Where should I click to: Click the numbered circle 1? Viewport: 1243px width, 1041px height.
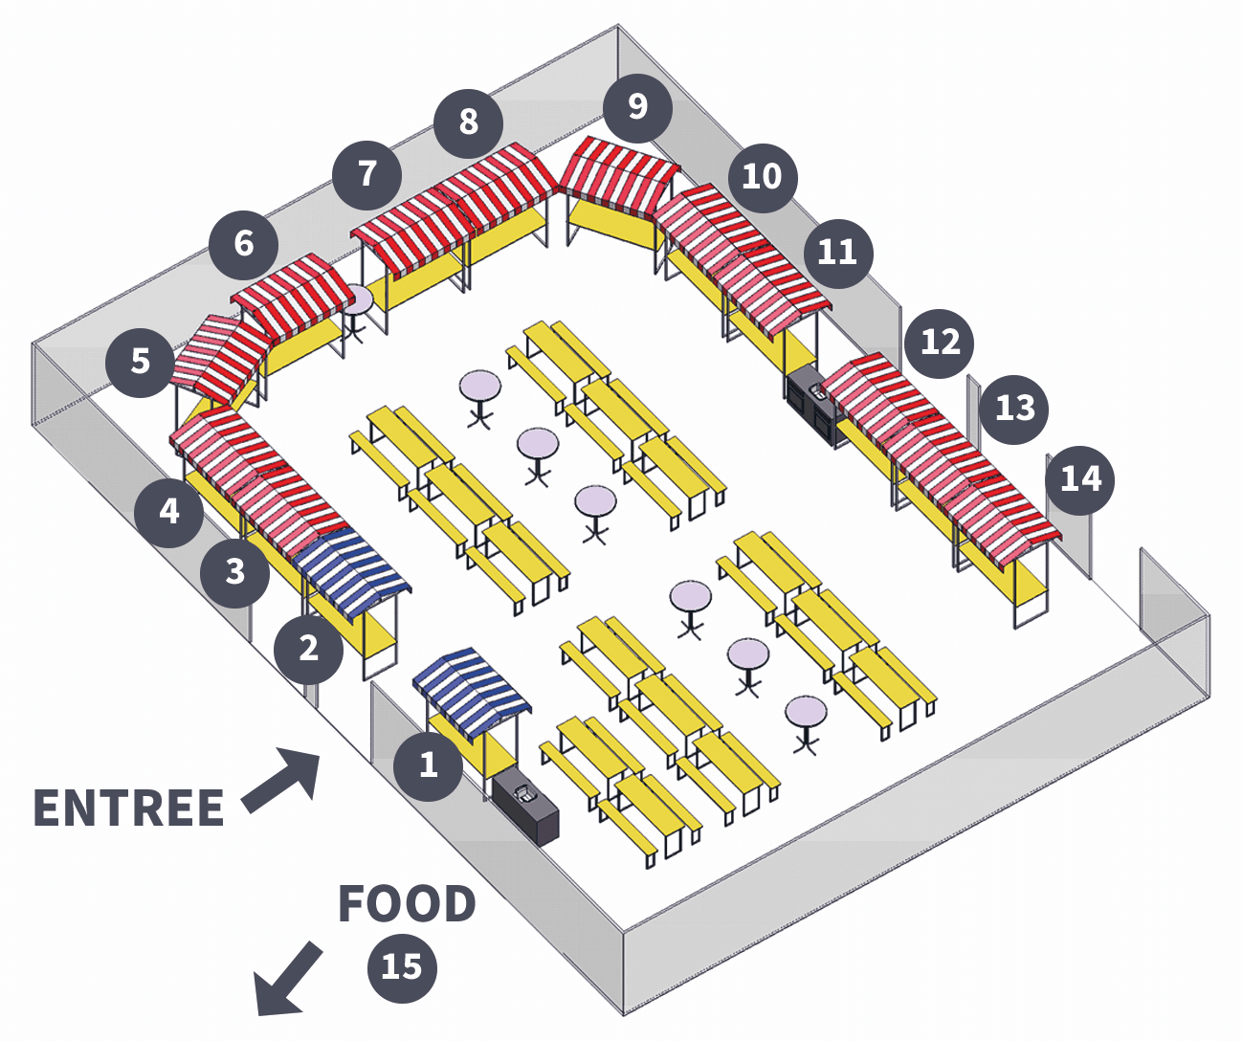(x=428, y=764)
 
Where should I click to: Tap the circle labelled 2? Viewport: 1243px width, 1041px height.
(x=308, y=649)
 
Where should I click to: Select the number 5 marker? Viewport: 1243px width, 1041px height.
(x=140, y=362)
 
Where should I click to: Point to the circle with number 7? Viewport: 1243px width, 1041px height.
(x=367, y=174)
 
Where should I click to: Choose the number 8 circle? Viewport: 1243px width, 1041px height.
(x=468, y=122)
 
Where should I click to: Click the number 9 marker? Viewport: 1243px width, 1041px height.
(x=637, y=106)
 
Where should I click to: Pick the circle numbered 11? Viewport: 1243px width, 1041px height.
(x=837, y=253)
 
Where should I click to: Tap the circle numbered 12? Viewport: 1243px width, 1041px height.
(x=940, y=343)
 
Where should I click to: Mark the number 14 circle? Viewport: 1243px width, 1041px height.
(x=1080, y=478)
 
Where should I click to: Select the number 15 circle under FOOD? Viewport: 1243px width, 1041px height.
(x=402, y=967)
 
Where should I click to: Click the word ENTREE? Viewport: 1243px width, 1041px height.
(x=129, y=808)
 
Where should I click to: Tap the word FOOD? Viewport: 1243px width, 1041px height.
(x=407, y=904)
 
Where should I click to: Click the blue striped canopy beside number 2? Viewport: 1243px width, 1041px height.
(x=351, y=570)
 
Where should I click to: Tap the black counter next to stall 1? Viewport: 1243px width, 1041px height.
(x=526, y=808)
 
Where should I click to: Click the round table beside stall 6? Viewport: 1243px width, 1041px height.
(x=356, y=301)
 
